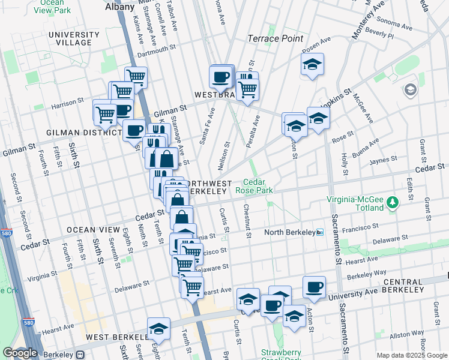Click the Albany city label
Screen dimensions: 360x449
coord(119,7)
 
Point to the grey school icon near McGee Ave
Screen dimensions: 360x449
coord(411,91)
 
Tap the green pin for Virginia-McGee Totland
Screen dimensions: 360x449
coord(393,202)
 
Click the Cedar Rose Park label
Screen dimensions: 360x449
coord(259,186)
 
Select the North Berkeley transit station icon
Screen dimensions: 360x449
coord(320,232)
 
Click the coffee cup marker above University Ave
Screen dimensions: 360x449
coord(313,287)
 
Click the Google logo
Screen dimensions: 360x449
coord(20,353)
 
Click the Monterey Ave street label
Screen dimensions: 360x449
coord(367,20)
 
